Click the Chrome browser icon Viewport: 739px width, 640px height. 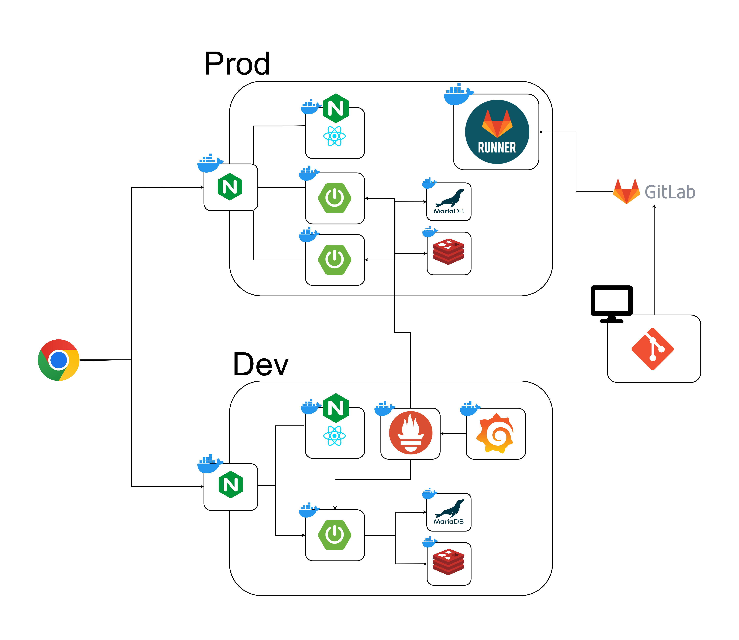[59, 360]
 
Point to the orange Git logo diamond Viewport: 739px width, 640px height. [653, 349]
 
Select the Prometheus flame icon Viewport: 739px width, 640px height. [411, 433]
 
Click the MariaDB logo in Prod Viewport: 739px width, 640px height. [449, 201]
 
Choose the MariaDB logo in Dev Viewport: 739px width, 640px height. [449, 512]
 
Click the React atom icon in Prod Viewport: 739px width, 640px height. [334, 136]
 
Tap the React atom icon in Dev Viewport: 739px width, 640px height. [334, 436]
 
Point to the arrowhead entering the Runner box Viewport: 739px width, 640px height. [541, 132]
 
